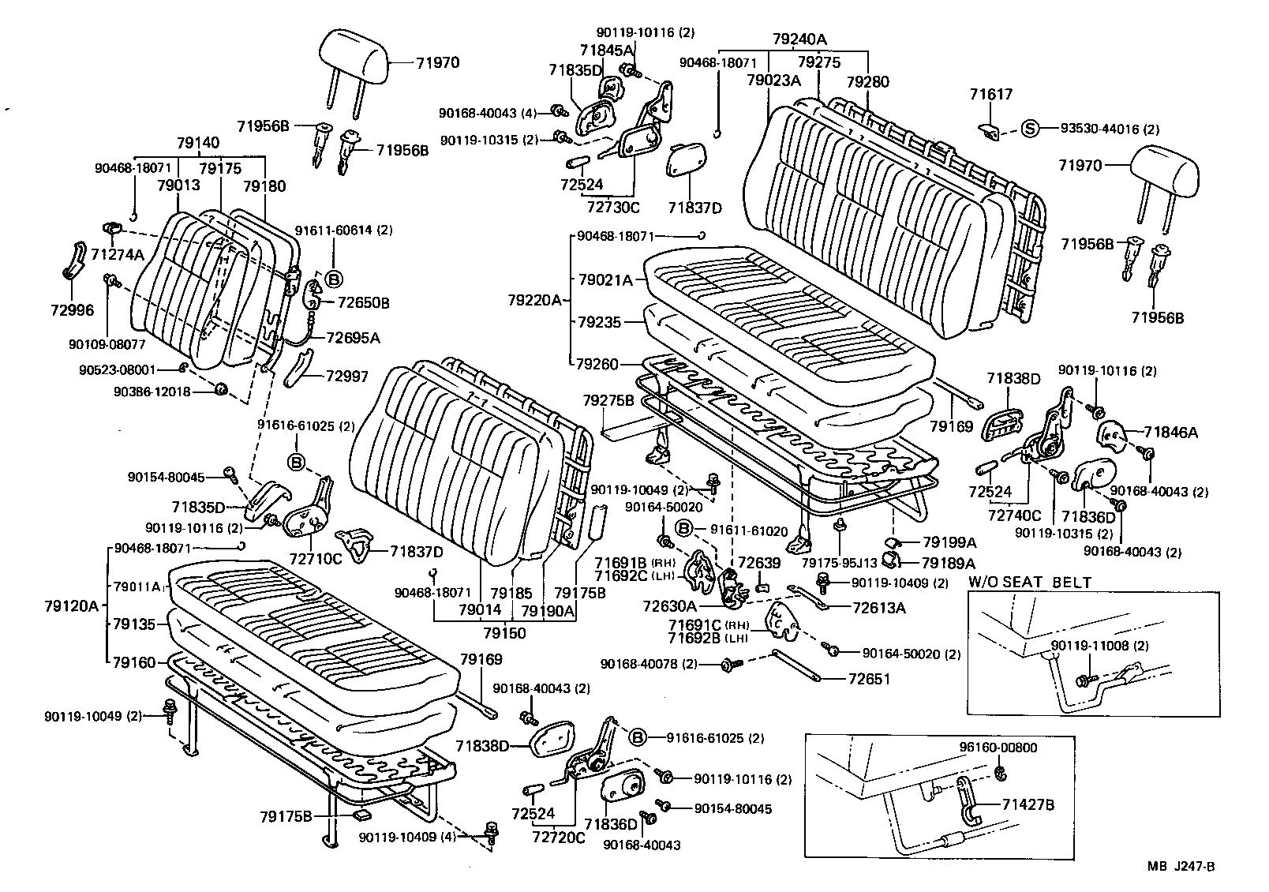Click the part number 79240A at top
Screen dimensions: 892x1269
coord(800,38)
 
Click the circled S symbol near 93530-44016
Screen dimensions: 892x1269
coord(1031,129)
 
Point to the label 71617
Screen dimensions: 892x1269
coord(990,95)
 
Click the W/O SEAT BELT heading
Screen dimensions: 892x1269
coord(1030,583)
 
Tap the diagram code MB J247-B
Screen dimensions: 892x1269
coord(1181,867)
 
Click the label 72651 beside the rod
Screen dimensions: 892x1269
coord(869,678)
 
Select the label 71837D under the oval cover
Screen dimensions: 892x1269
coord(694,208)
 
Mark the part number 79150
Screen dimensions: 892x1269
coord(504,633)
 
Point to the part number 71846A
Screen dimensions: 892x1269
coord(1171,432)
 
